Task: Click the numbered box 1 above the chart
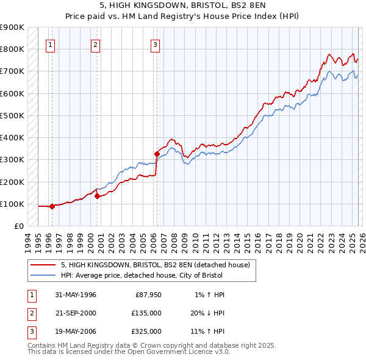pyautogui.click(x=50, y=44)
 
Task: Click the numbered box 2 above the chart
pyautogui.click(x=96, y=44)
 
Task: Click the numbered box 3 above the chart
pyautogui.click(x=156, y=44)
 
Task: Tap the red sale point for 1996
pyautogui.click(x=52, y=206)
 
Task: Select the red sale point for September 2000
pyautogui.click(x=97, y=196)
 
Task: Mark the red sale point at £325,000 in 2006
pyautogui.click(x=157, y=154)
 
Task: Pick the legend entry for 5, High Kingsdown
pyautogui.click(x=155, y=265)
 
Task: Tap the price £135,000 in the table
pyautogui.click(x=146, y=313)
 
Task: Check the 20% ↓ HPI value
pyautogui.click(x=207, y=313)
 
